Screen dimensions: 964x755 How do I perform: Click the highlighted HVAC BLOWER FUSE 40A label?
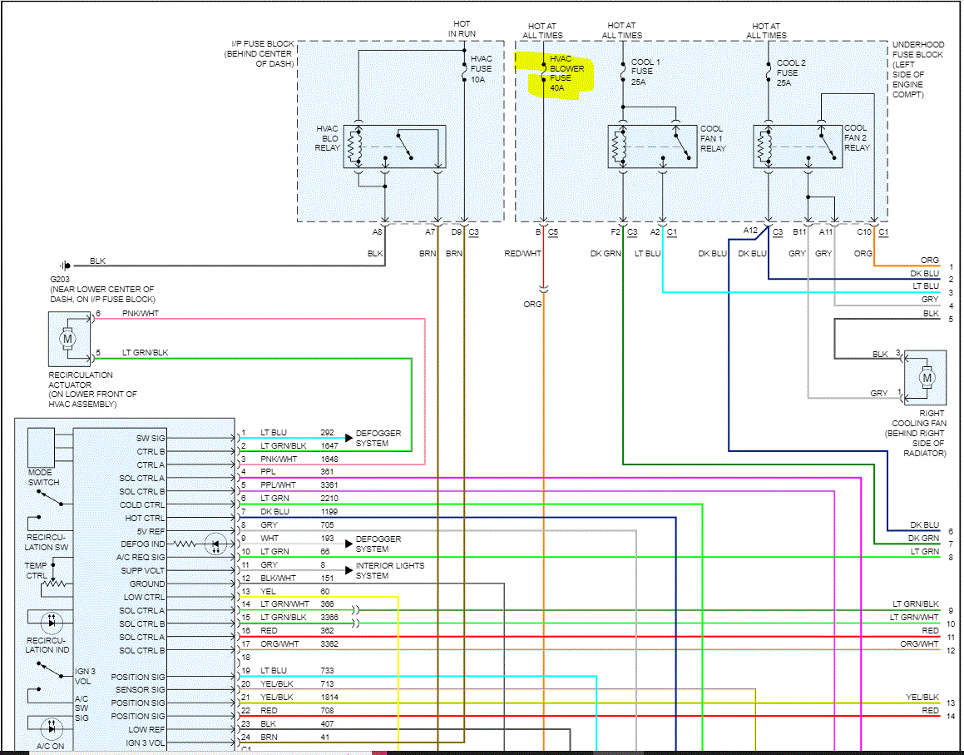(567, 73)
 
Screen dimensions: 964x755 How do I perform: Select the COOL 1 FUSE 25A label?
(645, 72)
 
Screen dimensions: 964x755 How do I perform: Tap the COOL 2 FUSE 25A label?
(791, 72)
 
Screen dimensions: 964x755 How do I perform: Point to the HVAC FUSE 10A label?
(481, 69)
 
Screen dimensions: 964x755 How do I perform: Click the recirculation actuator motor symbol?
(67, 339)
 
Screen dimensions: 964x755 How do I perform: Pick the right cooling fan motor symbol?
(927, 378)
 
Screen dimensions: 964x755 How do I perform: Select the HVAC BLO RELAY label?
(327, 138)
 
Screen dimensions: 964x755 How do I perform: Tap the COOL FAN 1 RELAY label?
(713, 138)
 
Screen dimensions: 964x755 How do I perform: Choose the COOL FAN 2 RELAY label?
(857, 138)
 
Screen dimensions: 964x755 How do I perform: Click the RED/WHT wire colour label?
(522, 254)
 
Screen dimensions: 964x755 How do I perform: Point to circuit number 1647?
(329, 445)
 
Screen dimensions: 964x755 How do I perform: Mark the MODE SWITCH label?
(43, 478)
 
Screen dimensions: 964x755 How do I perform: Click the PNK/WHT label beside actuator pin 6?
(141, 313)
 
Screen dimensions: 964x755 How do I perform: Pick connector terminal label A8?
(377, 232)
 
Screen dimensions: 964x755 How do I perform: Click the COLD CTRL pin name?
(142, 504)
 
